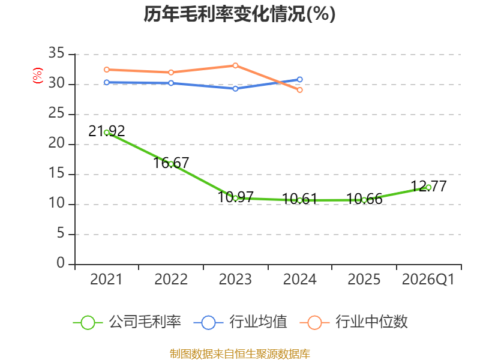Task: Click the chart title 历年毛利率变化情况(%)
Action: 239,14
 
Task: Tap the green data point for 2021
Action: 107,133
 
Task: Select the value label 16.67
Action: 171,163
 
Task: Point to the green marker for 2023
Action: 235,199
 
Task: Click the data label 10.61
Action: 299,199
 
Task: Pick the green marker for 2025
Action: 364,200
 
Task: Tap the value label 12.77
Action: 428,186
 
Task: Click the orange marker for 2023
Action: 235,65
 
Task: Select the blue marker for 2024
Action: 299,80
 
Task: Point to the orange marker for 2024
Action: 299,90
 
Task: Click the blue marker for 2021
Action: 107,82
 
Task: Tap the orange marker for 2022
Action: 171,72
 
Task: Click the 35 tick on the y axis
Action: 56,53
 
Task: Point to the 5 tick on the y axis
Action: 61,233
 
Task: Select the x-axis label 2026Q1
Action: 428,280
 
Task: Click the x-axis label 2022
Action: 171,280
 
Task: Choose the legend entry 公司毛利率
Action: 127,322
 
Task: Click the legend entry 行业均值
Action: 241,322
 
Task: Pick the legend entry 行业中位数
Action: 353,322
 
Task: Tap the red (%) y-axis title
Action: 38,76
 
